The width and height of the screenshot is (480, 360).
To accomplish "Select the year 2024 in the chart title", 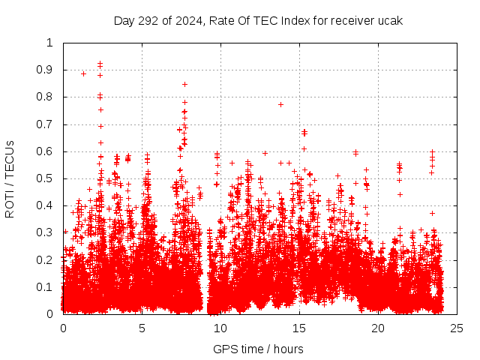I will coord(187,20).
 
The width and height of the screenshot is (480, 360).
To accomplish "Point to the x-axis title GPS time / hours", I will coord(258,349).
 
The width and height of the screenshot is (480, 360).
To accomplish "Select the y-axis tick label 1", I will coord(50,43).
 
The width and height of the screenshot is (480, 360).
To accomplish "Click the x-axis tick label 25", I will coord(457,328).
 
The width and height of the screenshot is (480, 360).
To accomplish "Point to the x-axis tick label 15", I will coord(299,328).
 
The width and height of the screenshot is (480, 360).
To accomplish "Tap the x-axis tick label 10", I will coord(220,328).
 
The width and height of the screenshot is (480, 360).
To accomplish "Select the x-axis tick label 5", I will coord(142,328).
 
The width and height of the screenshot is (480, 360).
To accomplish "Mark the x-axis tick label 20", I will coord(378,328).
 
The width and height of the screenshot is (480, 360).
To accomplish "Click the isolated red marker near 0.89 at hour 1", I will coord(83,73).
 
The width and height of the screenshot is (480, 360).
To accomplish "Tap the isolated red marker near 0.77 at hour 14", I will coord(280,104).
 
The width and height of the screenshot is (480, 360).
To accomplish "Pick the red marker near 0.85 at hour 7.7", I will coord(184,84).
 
